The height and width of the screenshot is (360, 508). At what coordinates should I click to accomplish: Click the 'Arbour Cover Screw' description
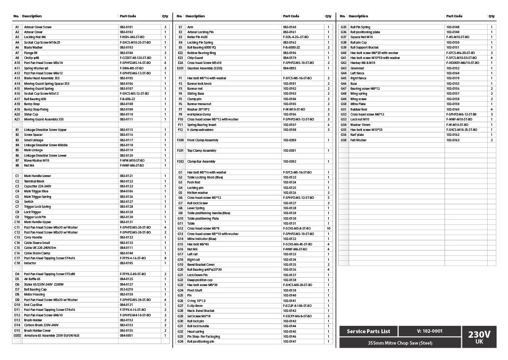(x=38, y=27)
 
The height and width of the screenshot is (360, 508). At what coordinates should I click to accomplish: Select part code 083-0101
(x=126, y=27)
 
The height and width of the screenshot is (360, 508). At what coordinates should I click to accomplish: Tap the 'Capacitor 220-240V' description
(x=38, y=186)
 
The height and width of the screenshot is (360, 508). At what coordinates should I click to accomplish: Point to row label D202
(x=17, y=336)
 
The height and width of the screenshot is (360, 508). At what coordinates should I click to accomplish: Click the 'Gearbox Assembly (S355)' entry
(x=204, y=68)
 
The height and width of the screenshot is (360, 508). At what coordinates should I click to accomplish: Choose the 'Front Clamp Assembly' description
(x=202, y=140)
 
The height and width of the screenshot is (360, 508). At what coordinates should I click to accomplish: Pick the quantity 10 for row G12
(x=328, y=229)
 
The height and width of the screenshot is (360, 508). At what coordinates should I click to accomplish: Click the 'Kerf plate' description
(x=357, y=135)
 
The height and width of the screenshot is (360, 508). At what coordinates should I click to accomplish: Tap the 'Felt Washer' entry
(x=358, y=140)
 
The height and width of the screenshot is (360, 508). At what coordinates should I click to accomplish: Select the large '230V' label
(x=479, y=334)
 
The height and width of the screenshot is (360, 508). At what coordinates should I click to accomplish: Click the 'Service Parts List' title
(x=368, y=331)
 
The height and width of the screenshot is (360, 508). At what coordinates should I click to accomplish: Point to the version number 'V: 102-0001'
(x=430, y=331)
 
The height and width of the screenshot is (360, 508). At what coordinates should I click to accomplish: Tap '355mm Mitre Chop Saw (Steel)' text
(x=400, y=343)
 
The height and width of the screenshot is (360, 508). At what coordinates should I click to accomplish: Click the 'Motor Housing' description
(x=34, y=295)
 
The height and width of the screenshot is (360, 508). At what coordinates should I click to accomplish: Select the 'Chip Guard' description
(x=195, y=58)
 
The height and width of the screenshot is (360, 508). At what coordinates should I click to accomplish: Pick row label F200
(x=180, y=140)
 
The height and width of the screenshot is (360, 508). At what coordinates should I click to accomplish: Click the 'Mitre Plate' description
(x=358, y=104)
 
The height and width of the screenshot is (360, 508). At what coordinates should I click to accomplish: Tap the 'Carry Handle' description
(x=33, y=238)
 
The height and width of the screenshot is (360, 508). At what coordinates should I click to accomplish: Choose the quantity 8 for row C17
(x=165, y=258)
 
